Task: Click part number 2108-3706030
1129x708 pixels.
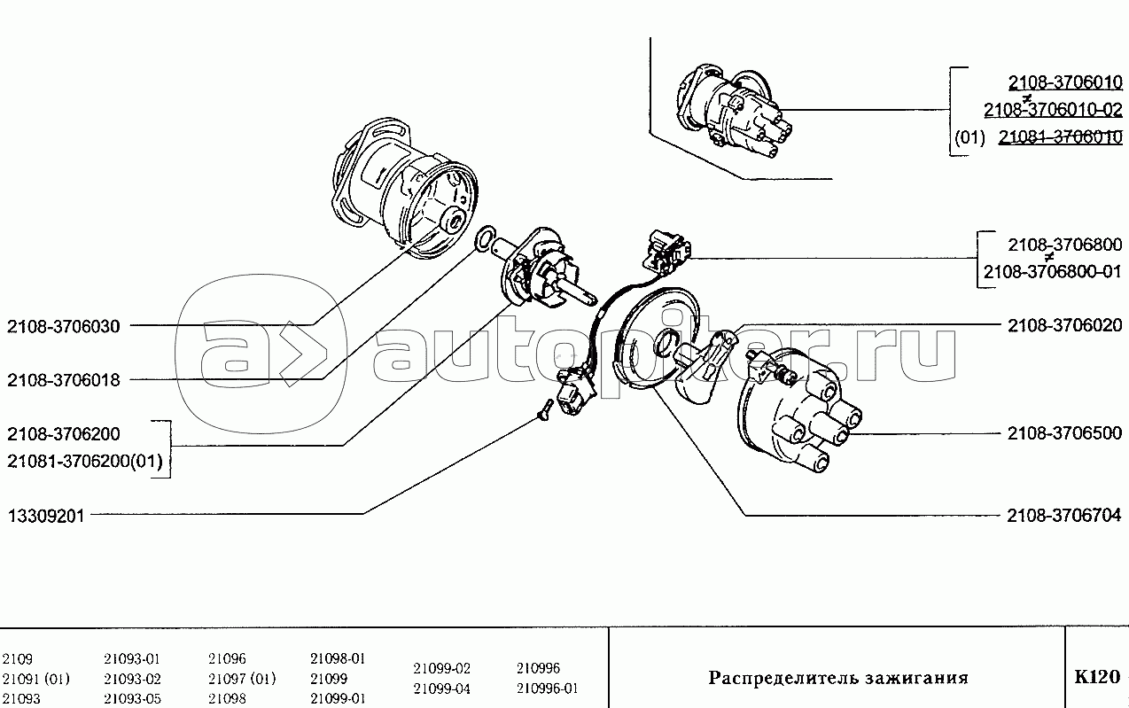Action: (x=64, y=326)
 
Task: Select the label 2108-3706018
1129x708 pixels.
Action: (x=64, y=380)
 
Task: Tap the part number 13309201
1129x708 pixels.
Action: (x=46, y=516)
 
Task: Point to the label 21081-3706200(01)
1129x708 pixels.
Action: (x=85, y=461)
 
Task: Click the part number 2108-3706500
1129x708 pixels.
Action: (x=1064, y=433)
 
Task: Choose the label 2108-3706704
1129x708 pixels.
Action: (x=1064, y=516)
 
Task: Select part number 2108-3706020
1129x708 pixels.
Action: (x=1065, y=325)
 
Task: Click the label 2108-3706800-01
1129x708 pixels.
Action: (x=1053, y=272)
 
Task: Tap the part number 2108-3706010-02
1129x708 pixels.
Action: (x=1053, y=110)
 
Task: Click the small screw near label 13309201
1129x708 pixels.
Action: (x=546, y=410)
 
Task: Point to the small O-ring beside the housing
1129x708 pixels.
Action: (x=485, y=237)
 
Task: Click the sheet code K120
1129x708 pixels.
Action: (x=1097, y=677)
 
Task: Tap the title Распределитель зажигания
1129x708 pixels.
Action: (x=838, y=678)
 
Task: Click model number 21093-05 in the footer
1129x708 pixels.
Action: (x=133, y=698)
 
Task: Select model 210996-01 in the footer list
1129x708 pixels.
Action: (x=547, y=689)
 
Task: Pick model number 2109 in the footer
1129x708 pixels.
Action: (x=17, y=658)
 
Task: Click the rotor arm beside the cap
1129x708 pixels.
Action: (x=705, y=366)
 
